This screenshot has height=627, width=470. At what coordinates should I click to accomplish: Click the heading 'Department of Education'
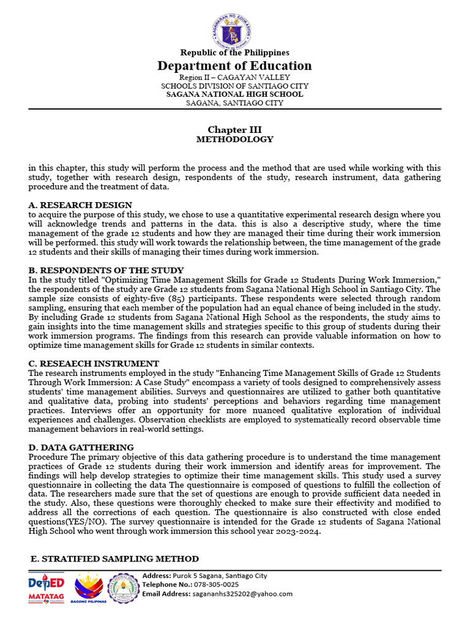235,66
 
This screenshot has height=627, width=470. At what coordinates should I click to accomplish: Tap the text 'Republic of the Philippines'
235,53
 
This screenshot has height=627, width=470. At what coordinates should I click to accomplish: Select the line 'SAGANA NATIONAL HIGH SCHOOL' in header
235,94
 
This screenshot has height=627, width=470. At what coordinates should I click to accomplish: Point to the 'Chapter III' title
235,129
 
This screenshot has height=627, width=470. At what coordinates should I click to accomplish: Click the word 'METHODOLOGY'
235,140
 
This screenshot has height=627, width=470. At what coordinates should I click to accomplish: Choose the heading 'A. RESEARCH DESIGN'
80,205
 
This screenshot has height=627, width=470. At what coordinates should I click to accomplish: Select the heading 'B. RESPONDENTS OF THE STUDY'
106,270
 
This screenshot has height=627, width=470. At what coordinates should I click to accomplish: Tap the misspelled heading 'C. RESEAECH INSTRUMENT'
94,364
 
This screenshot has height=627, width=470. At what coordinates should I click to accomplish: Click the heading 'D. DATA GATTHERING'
81,448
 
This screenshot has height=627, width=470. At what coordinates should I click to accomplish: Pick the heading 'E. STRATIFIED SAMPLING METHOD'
114,558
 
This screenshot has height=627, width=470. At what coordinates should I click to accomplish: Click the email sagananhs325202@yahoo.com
242,594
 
